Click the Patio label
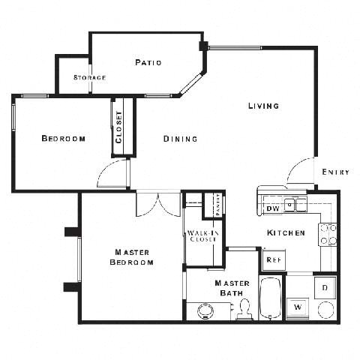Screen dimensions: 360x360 point(148,62)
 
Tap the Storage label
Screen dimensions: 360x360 point(89,77)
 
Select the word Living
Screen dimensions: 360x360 point(263,106)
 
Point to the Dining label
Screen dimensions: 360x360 point(181,139)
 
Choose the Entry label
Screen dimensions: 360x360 point(335,172)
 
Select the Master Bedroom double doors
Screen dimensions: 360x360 point(158,204)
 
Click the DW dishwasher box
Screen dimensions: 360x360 point(272,208)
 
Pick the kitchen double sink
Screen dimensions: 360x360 point(295,203)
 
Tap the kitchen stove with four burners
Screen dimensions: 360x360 point(328,235)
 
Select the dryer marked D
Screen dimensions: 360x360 point(325,286)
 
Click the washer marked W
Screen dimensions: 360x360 point(298,307)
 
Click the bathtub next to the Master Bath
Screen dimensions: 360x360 point(270,298)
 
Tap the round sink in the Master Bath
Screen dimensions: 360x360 point(204,311)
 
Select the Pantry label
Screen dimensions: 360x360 point(217,204)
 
